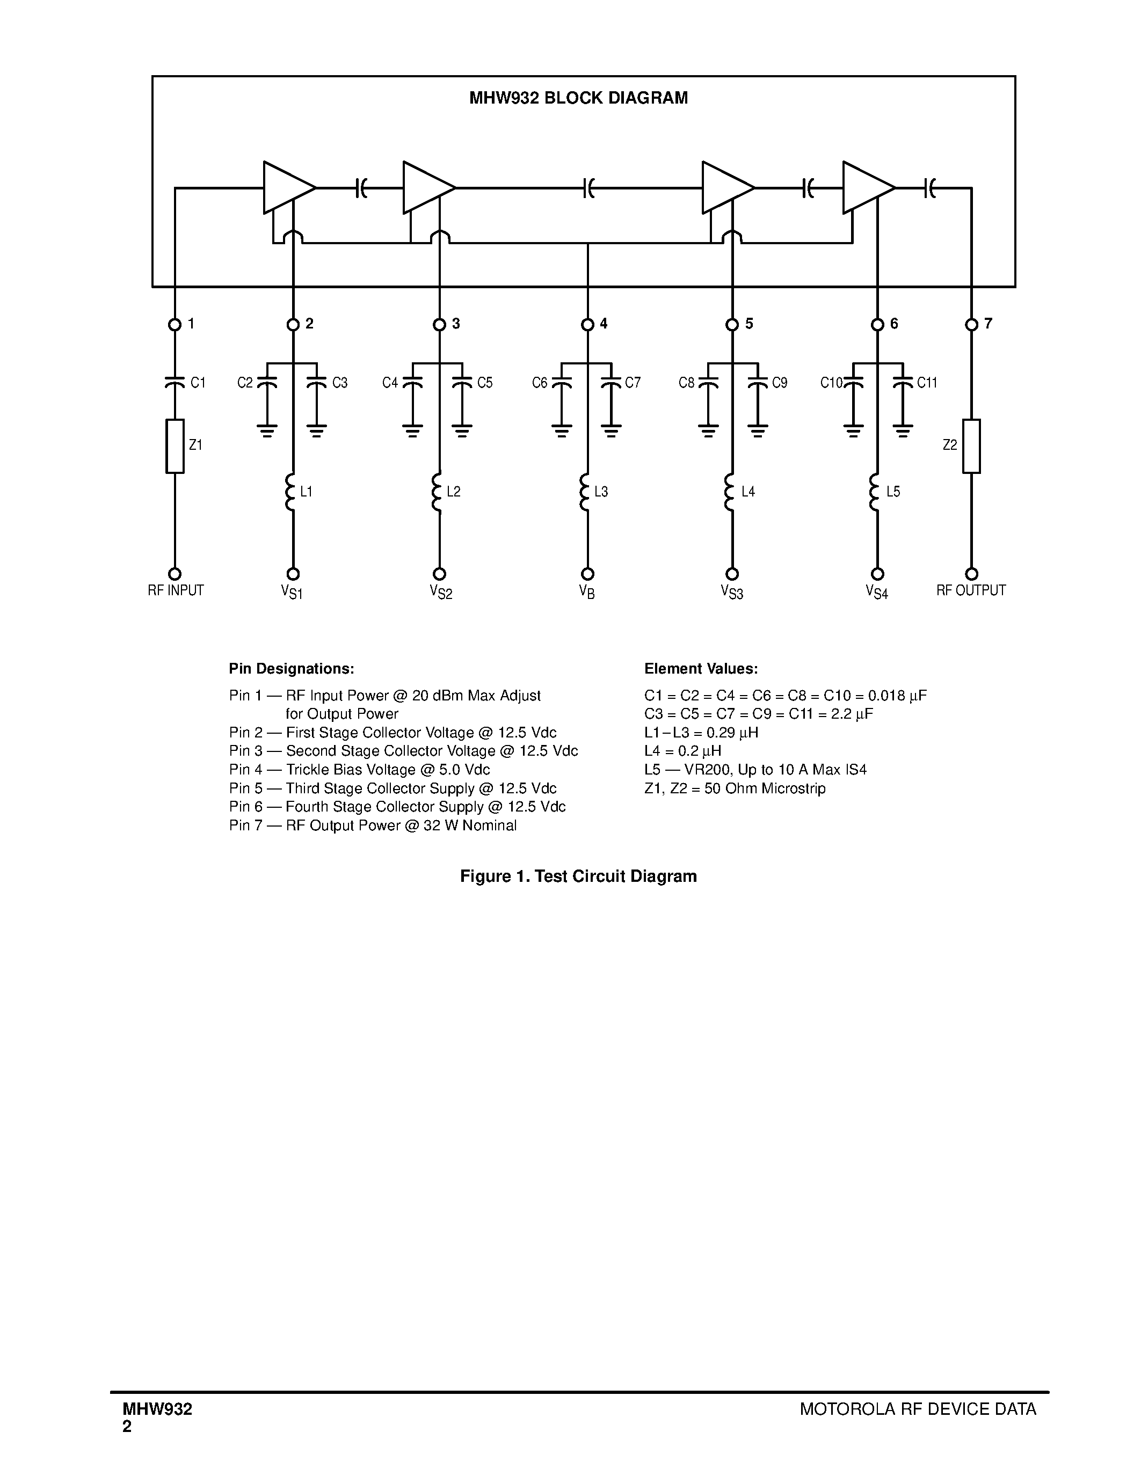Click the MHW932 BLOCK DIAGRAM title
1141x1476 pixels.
click(x=579, y=98)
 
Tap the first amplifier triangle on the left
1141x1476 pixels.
click(x=285, y=187)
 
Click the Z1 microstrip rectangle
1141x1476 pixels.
click(x=175, y=446)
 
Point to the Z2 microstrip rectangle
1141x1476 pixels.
click(x=971, y=446)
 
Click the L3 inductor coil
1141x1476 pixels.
click(x=585, y=492)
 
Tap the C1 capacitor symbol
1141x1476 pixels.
click(x=175, y=383)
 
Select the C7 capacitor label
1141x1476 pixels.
click(x=633, y=383)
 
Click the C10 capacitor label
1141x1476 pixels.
click(x=831, y=383)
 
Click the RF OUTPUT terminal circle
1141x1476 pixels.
click(x=971, y=574)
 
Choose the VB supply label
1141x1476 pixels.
click(x=587, y=591)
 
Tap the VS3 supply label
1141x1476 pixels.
click(x=732, y=592)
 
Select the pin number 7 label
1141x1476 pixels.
click(x=988, y=324)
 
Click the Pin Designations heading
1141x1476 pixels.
click(x=292, y=668)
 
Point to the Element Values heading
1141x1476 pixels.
click(x=701, y=668)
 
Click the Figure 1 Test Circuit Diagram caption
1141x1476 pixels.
click(x=578, y=876)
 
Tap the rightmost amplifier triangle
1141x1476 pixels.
click(x=865, y=187)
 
